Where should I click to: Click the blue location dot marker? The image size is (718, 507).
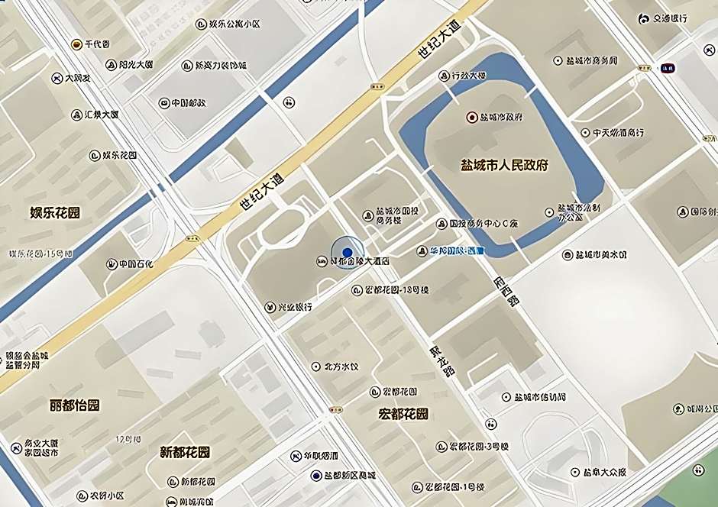click(347, 253)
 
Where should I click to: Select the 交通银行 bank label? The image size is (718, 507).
click(668, 18)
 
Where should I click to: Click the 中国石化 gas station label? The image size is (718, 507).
click(135, 264)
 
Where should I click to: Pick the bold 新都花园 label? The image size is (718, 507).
click(184, 452)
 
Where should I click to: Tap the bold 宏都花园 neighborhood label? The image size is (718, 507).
click(403, 415)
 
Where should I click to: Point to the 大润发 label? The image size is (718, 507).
click(77, 78)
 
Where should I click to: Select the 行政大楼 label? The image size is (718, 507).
click(468, 76)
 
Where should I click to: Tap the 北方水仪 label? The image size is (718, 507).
click(341, 367)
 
